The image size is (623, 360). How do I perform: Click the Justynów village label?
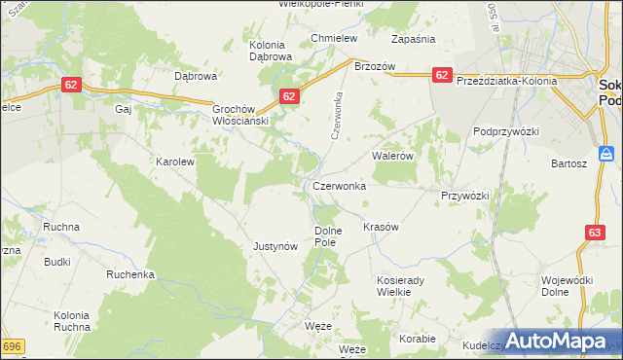coord(275,246)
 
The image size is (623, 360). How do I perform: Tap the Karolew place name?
coord(176,162)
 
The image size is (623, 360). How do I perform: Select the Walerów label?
coord(394,155)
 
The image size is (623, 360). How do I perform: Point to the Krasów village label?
coord(381,226)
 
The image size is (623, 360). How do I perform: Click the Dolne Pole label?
coord(326,236)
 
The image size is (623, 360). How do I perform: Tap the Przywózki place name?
coord(464,195)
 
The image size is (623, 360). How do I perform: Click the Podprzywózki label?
coord(505,130)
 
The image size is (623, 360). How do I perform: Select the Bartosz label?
coord(568,163)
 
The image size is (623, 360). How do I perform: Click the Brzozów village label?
coord(374,66)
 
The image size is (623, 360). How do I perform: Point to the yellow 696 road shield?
coord(11,346)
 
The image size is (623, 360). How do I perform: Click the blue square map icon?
coord(606,153)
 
